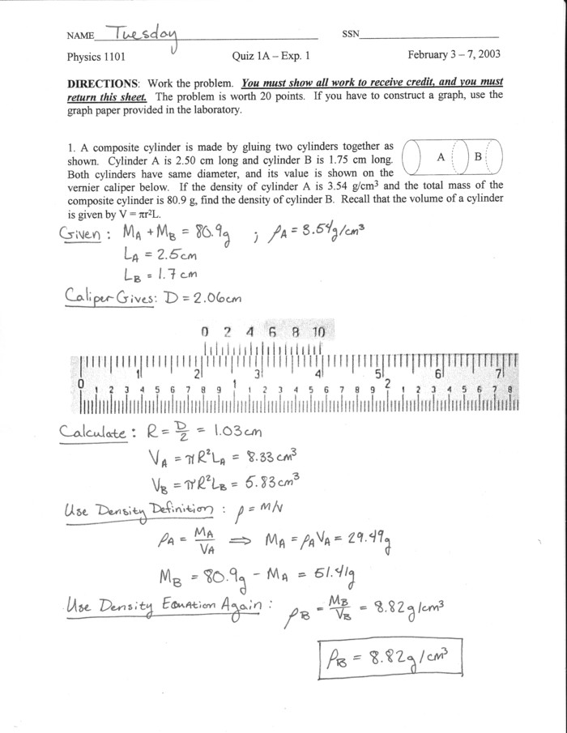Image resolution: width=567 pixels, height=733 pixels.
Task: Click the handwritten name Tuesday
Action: [x=139, y=33]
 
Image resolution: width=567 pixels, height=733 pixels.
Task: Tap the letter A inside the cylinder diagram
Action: [x=440, y=156]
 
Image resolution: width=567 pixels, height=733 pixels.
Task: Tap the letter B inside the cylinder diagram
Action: [x=478, y=156]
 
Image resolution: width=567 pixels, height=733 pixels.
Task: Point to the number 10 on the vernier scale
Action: [x=318, y=332]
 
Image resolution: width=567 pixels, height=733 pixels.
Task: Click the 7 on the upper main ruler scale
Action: [x=498, y=373]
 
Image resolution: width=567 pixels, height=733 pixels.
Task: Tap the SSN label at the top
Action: [x=352, y=36]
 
